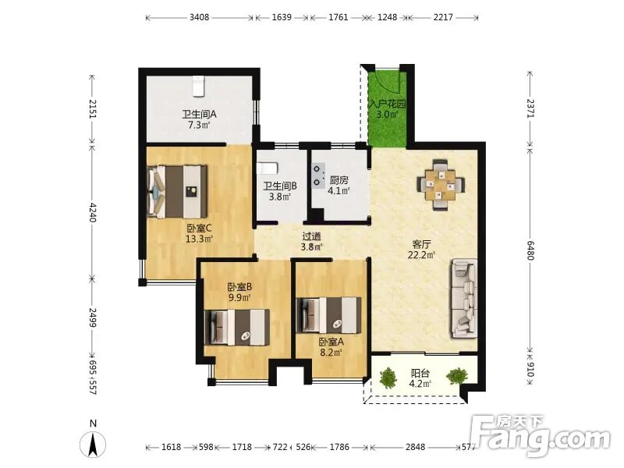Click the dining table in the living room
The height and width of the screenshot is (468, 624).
441,185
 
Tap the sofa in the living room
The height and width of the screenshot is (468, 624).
464,299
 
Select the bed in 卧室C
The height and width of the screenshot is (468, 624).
177,191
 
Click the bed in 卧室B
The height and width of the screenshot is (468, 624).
237,327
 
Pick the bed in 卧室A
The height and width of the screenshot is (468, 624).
328,315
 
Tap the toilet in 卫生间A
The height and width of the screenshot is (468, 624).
198,87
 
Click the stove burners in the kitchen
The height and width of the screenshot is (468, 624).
318,175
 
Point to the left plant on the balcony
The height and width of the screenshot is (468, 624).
388,378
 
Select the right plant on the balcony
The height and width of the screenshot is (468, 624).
457,376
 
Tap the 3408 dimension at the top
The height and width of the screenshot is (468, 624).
199,17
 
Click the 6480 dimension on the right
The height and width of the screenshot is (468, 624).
530,250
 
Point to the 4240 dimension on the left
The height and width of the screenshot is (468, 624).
92,212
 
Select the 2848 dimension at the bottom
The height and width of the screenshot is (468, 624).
415,447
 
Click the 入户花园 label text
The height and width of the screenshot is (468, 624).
387,105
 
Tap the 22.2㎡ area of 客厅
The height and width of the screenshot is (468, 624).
421,255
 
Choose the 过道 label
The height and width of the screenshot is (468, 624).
311,236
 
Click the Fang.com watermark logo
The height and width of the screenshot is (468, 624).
540,436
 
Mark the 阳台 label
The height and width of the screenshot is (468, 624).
420,374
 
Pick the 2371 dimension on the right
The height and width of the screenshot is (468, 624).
530,108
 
